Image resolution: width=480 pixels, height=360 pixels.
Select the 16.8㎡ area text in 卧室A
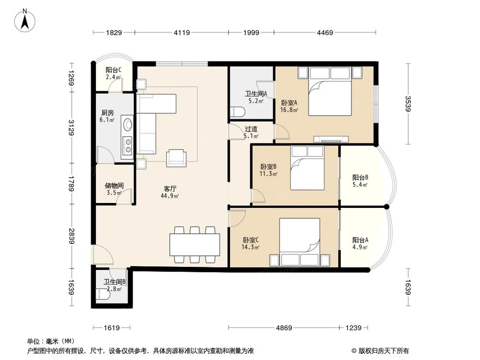tap(289, 110)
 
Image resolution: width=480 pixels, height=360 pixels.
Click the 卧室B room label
tap(268, 167)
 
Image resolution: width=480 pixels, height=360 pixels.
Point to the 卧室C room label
tap(251, 240)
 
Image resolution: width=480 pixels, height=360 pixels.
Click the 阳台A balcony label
tap(360, 240)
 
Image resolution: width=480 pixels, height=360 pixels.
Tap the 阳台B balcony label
tap(360, 177)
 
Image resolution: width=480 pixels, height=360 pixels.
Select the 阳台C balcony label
tap(113, 70)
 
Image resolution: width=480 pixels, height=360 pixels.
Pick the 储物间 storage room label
tap(114, 185)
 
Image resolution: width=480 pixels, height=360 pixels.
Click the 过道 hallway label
tap(251, 129)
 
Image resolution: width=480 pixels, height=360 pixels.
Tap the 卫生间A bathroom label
tap(256, 94)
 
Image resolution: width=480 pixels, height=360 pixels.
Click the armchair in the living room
tap(176, 158)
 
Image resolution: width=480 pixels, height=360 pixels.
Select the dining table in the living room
tap(194, 244)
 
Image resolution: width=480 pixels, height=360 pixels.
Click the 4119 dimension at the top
tap(181, 33)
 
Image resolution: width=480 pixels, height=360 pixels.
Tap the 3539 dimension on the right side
tap(408, 104)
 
